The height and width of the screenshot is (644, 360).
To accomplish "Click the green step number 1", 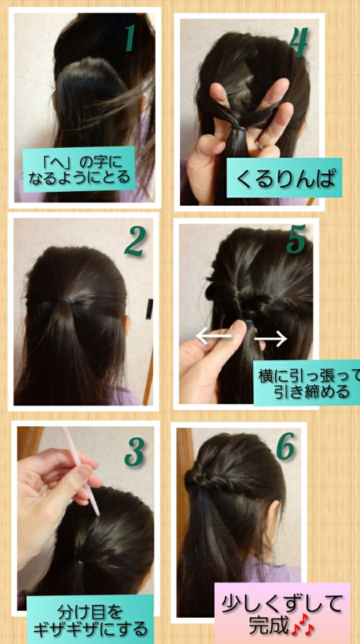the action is tap(130, 38).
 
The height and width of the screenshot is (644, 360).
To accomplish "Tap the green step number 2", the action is tap(135, 241).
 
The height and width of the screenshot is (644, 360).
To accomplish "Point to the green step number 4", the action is tap(298, 42).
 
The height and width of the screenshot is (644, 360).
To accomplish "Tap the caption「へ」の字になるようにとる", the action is tap(79, 170).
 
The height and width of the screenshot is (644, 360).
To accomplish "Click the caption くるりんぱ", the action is tap(284, 178).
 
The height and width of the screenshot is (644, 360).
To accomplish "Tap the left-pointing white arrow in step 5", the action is tap(213, 336).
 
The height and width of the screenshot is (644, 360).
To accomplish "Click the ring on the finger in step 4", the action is tap(259, 145).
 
